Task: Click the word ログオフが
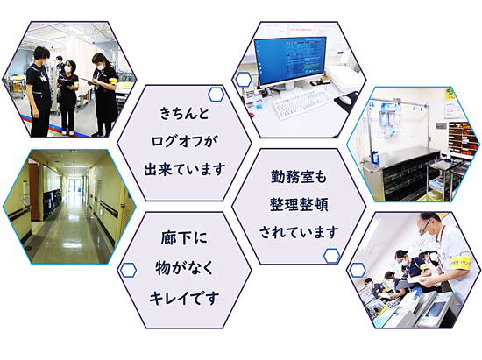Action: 184,141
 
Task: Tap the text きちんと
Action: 184,113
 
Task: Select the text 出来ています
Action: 184,169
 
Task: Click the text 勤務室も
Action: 299,177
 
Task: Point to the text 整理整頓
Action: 299,204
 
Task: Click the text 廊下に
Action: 184,238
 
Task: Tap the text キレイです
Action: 184,298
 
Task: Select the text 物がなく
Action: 184,268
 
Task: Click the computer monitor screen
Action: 291,60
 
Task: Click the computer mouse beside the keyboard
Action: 345,99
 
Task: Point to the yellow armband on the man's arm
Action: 462,263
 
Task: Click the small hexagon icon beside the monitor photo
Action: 244,80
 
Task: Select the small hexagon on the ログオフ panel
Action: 216,95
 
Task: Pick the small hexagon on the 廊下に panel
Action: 128,271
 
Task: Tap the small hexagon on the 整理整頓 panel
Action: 332,256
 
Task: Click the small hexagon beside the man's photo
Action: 358,270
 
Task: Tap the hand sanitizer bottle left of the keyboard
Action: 259,99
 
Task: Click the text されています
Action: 299,232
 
